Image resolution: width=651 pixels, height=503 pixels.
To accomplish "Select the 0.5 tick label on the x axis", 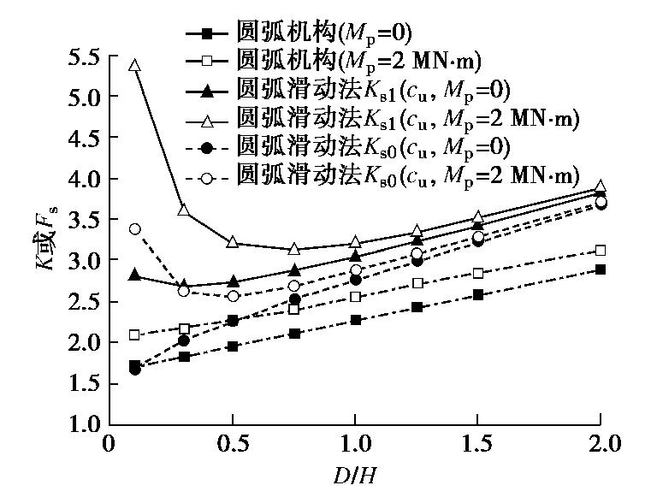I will coord(232,446).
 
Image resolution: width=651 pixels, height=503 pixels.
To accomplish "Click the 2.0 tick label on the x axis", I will coord(600,446).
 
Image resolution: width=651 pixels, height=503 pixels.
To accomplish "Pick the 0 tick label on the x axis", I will coord(109,446).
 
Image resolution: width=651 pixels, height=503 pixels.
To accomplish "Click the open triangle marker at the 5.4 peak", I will coord(134,65).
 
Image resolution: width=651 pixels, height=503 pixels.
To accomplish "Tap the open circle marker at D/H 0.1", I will coord(134,228).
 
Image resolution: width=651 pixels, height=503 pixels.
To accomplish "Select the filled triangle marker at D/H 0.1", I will coord(134,275).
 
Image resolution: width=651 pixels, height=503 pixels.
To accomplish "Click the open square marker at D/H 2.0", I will coord(600,250).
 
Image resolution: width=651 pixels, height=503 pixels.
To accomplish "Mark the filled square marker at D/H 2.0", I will coord(600,269).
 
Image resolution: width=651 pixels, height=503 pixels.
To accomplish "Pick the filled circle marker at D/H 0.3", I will coord(183,340).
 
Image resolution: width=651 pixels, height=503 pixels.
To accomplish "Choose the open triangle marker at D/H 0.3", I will coord(183,210).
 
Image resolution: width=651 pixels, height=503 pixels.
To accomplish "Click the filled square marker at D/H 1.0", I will coord(354,320).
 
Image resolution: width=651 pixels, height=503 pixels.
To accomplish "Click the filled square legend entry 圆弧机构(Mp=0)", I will coord(325,34).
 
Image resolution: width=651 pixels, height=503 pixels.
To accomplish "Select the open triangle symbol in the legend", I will coord(205,118).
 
